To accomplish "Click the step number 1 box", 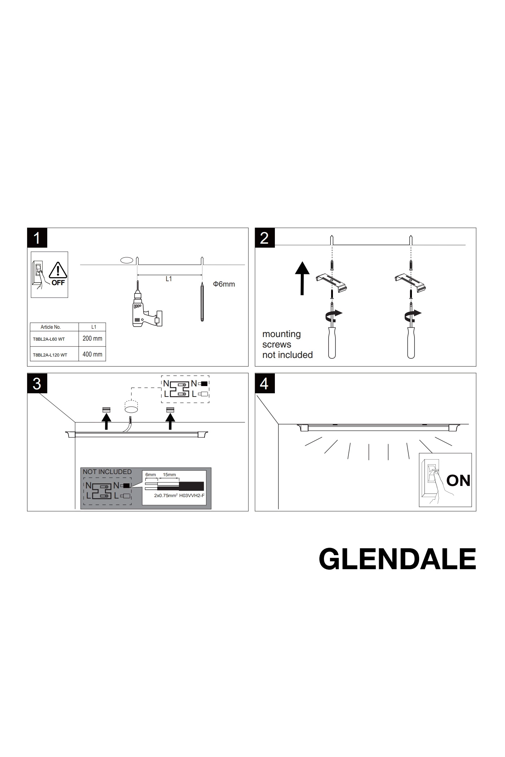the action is coord(37,238).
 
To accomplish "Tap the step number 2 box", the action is coord(264,238).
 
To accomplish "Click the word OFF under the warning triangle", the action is coord(58,283).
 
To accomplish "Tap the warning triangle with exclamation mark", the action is coord(58,271).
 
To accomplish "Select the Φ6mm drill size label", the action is coord(224,284).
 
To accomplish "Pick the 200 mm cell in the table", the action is coord(92,338).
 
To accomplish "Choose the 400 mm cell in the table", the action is coord(92,354).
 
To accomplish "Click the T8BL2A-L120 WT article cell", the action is coord(50,355).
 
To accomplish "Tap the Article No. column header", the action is coord(51,327).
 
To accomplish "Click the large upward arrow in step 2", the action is coord(302,278).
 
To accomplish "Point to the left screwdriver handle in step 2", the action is coord(332,342).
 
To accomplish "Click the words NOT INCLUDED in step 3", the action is coord(107,472).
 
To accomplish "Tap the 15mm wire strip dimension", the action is coord(169,475).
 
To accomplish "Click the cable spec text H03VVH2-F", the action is coord(192,496).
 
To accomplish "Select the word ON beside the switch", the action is coord(458,481).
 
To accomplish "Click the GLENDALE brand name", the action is coord(398,559).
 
